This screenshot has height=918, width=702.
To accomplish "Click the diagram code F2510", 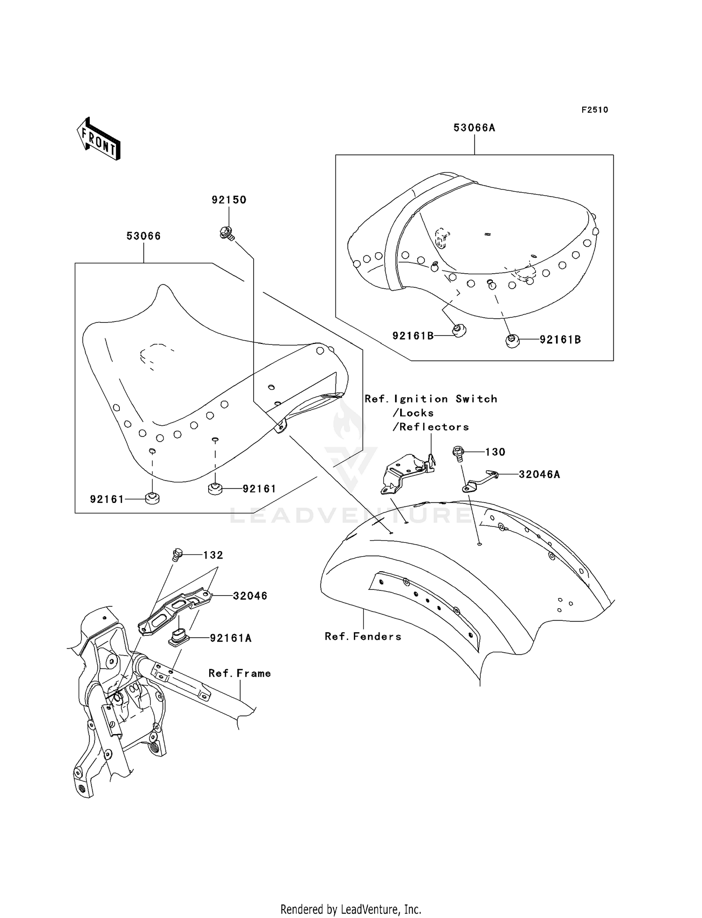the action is click(x=595, y=109).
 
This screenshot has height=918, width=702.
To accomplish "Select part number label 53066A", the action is click(x=474, y=127).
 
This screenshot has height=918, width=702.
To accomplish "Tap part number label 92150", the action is click(x=229, y=200).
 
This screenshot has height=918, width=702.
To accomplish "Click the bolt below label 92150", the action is click(x=227, y=233).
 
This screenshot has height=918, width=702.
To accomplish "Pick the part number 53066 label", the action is click(x=144, y=236).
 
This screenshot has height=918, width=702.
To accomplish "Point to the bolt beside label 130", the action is click(x=459, y=454).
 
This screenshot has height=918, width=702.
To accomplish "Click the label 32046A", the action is click(x=539, y=474).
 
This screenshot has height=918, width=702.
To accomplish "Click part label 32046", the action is click(x=250, y=596).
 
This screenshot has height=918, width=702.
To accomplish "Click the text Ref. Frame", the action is click(x=240, y=673).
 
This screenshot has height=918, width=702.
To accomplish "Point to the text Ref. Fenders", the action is click(x=363, y=636).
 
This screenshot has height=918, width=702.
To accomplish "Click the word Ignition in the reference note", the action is click(x=421, y=399).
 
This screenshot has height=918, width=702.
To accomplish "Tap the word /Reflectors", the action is click(x=431, y=427).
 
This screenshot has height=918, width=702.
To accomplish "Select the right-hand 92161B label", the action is click(x=560, y=340).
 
